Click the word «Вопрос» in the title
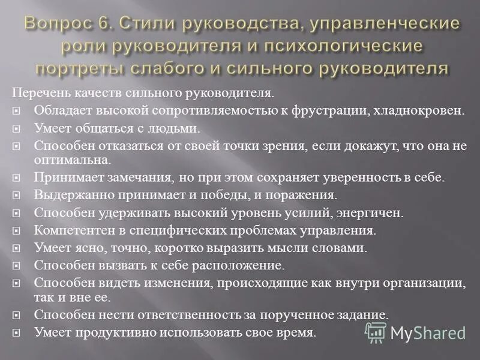pos(55,25)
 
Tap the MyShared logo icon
pos(376,332)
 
